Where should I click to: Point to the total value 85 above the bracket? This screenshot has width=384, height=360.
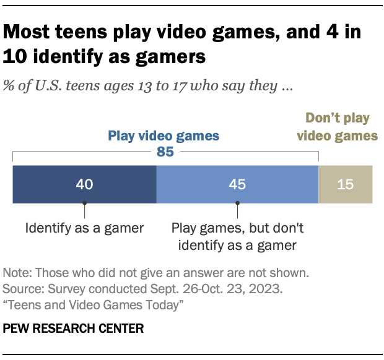(165, 152)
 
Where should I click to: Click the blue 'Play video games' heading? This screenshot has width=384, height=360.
(164, 136)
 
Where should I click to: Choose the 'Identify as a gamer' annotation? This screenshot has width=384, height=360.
(84, 228)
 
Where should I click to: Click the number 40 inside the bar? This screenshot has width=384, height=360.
(84, 184)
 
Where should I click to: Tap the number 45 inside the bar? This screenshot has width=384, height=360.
(237, 184)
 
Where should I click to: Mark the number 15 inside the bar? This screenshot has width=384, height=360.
(345, 184)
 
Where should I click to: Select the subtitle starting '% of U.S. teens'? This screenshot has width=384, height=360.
(148, 86)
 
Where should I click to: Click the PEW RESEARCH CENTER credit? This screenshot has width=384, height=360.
(73, 328)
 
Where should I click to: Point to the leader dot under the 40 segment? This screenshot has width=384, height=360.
(84, 202)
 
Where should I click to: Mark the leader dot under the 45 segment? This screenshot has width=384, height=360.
(237, 202)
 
